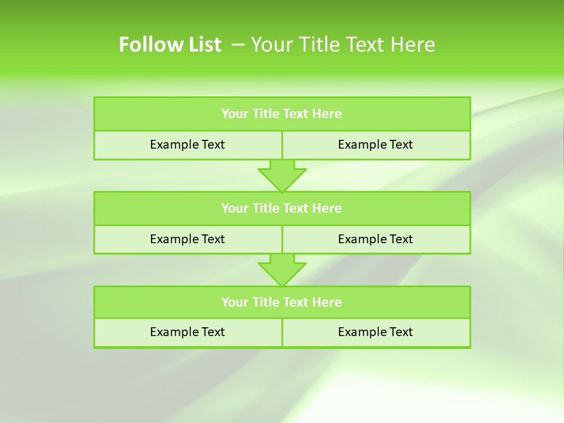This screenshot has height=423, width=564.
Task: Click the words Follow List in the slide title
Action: (x=170, y=45)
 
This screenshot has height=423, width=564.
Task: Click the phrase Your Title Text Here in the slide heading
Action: (x=343, y=45)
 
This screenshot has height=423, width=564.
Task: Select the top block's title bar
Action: (x=282, y=114)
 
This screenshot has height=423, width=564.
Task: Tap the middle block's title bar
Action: (x=282, y=208)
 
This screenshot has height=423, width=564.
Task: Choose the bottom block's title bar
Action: (x=282, y=302)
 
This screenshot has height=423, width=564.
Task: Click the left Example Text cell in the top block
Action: (x=187, y=145)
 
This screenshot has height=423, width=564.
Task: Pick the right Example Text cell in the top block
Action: (x=375, y=145)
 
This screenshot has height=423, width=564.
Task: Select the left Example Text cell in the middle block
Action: (x=187, y=239)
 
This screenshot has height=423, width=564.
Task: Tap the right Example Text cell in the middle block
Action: (x=375, y=239)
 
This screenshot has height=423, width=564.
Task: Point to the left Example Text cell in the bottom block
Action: (x=187, y=332)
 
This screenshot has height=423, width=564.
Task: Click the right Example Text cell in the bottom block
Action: (x=375, y=332)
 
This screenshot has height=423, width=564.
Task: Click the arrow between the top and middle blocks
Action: (x=282, y=175)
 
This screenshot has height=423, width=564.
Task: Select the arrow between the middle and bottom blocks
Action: (x=282, y=270)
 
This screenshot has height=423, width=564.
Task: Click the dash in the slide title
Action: (x=239, y=45)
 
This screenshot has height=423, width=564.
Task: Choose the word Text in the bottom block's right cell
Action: (x=401, y=332)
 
